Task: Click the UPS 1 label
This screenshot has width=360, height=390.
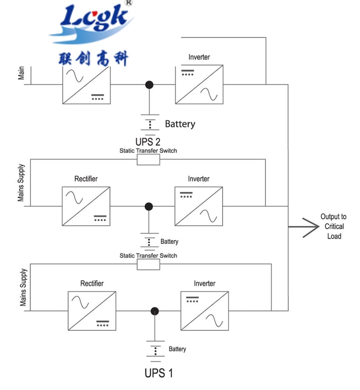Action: click(158, 374)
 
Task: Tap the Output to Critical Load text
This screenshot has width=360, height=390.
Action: click(333, 226)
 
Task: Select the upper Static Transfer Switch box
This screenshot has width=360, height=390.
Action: click(148, 160)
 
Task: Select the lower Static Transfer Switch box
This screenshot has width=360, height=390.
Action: click(148, 265)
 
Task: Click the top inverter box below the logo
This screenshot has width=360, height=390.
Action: click(199, 85)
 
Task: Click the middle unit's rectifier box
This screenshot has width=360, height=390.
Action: click(86, 206)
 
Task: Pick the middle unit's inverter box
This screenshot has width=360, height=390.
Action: click(199, 206)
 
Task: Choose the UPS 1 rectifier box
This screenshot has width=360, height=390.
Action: click(91, 310)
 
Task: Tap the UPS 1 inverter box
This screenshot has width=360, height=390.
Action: click(204, 310)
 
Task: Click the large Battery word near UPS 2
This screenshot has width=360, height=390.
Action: click(180, 124)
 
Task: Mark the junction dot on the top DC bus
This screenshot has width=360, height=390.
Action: click(148, 85)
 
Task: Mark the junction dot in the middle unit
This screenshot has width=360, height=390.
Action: click(148, 206)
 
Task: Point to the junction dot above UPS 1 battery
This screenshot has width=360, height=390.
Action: click(155, 311)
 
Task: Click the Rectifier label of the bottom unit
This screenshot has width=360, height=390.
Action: click(92, 283)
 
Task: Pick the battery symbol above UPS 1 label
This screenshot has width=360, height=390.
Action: click(156, 350)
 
